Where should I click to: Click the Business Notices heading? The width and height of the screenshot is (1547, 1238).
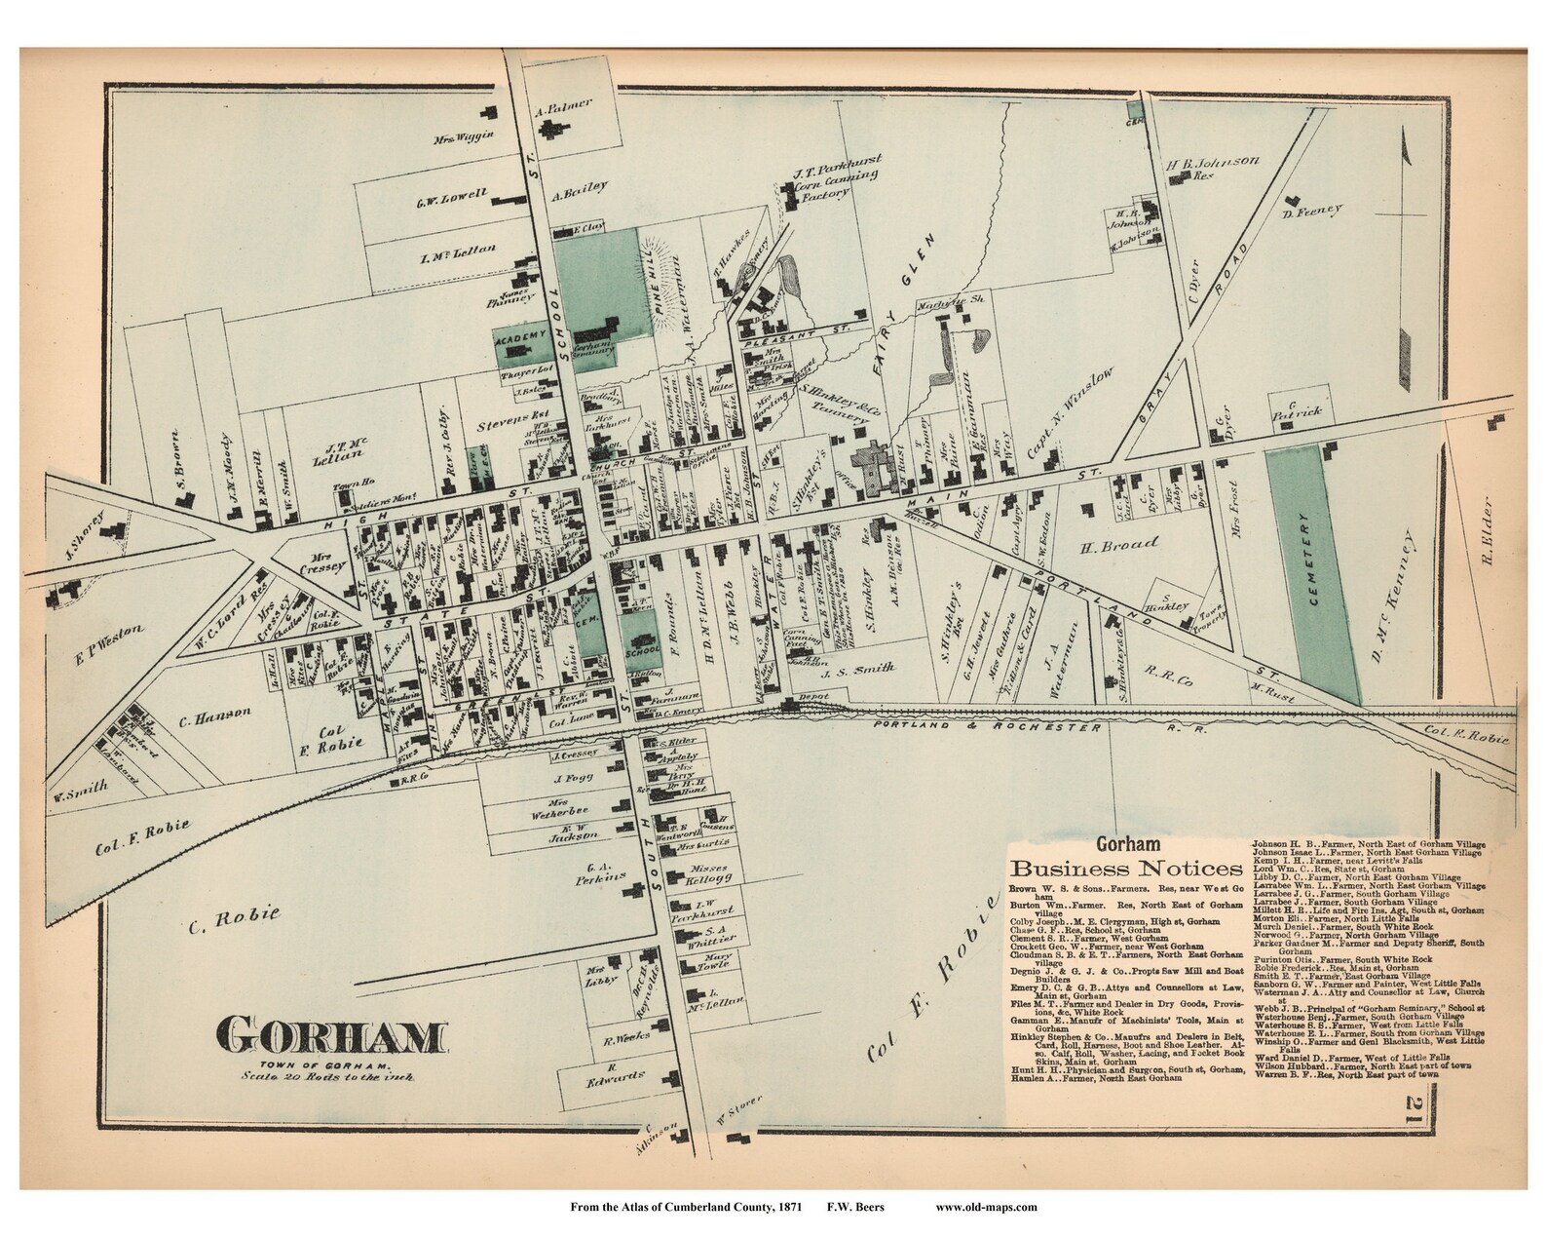1126,869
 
